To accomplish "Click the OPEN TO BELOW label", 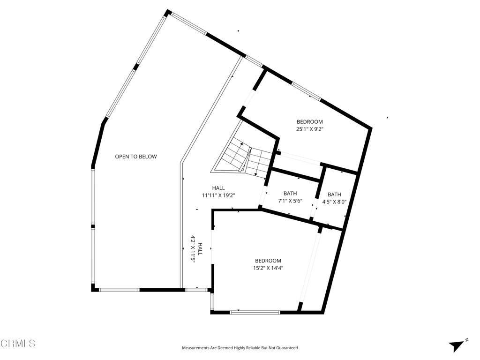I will [x=136, y=157].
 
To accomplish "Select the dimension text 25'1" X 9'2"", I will [x=309, y=129].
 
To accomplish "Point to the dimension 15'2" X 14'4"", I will [x=268, y=268].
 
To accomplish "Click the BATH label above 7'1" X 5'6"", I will [x=290, y=194].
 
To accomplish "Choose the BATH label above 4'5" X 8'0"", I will [x=334, y=195].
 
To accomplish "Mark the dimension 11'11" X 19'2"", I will [x=218, y=195].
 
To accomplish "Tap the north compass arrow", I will [x=456, y=346].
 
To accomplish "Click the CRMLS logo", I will [x=18, y=344].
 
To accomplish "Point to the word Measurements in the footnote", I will [x=195, y=348].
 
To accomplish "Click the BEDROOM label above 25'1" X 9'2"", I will [x=309, y=122].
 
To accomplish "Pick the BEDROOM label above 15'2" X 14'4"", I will [x=268, y=261].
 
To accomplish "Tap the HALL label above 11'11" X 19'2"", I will [x=218, y=188].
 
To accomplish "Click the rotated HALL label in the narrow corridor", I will [x=200, y=248].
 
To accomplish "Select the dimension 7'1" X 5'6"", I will [x=290, y=201].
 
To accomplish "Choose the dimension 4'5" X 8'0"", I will [x=334, y=202].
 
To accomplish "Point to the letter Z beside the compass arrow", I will [x=467, y=340].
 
